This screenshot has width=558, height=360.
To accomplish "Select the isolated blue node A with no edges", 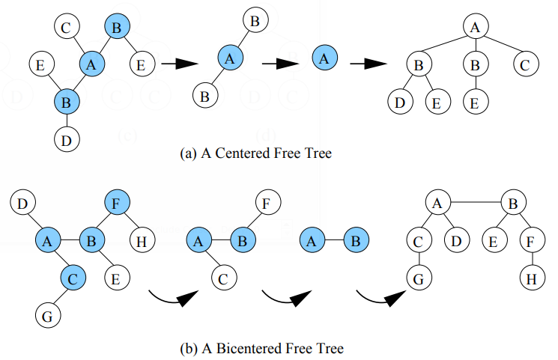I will (323, 57).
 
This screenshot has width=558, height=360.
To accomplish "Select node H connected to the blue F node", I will (141, 241).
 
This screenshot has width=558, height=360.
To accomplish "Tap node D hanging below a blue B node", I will (67, 138).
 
